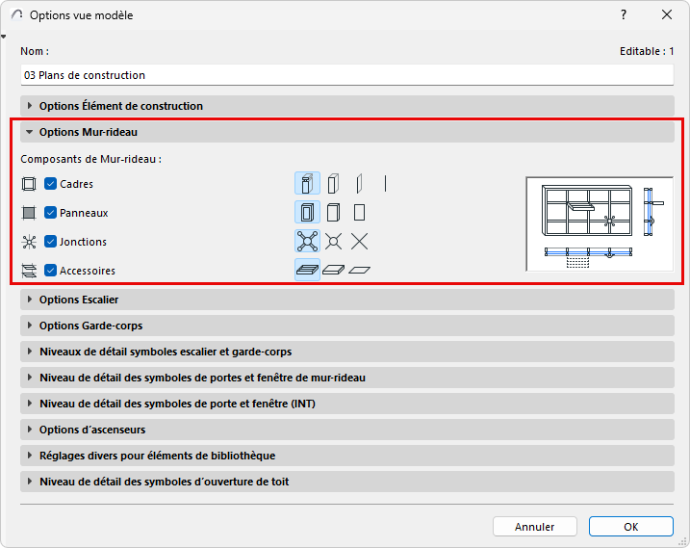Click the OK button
631,527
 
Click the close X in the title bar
667,15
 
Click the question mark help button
624,15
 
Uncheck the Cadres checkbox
51,184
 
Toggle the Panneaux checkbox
51,213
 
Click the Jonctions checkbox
51,242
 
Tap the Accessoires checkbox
51,270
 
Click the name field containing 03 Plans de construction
346,75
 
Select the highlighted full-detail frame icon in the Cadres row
307,184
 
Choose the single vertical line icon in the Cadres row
385,184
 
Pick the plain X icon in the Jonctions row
360,242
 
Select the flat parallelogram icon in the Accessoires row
360,270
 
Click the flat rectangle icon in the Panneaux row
360,213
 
